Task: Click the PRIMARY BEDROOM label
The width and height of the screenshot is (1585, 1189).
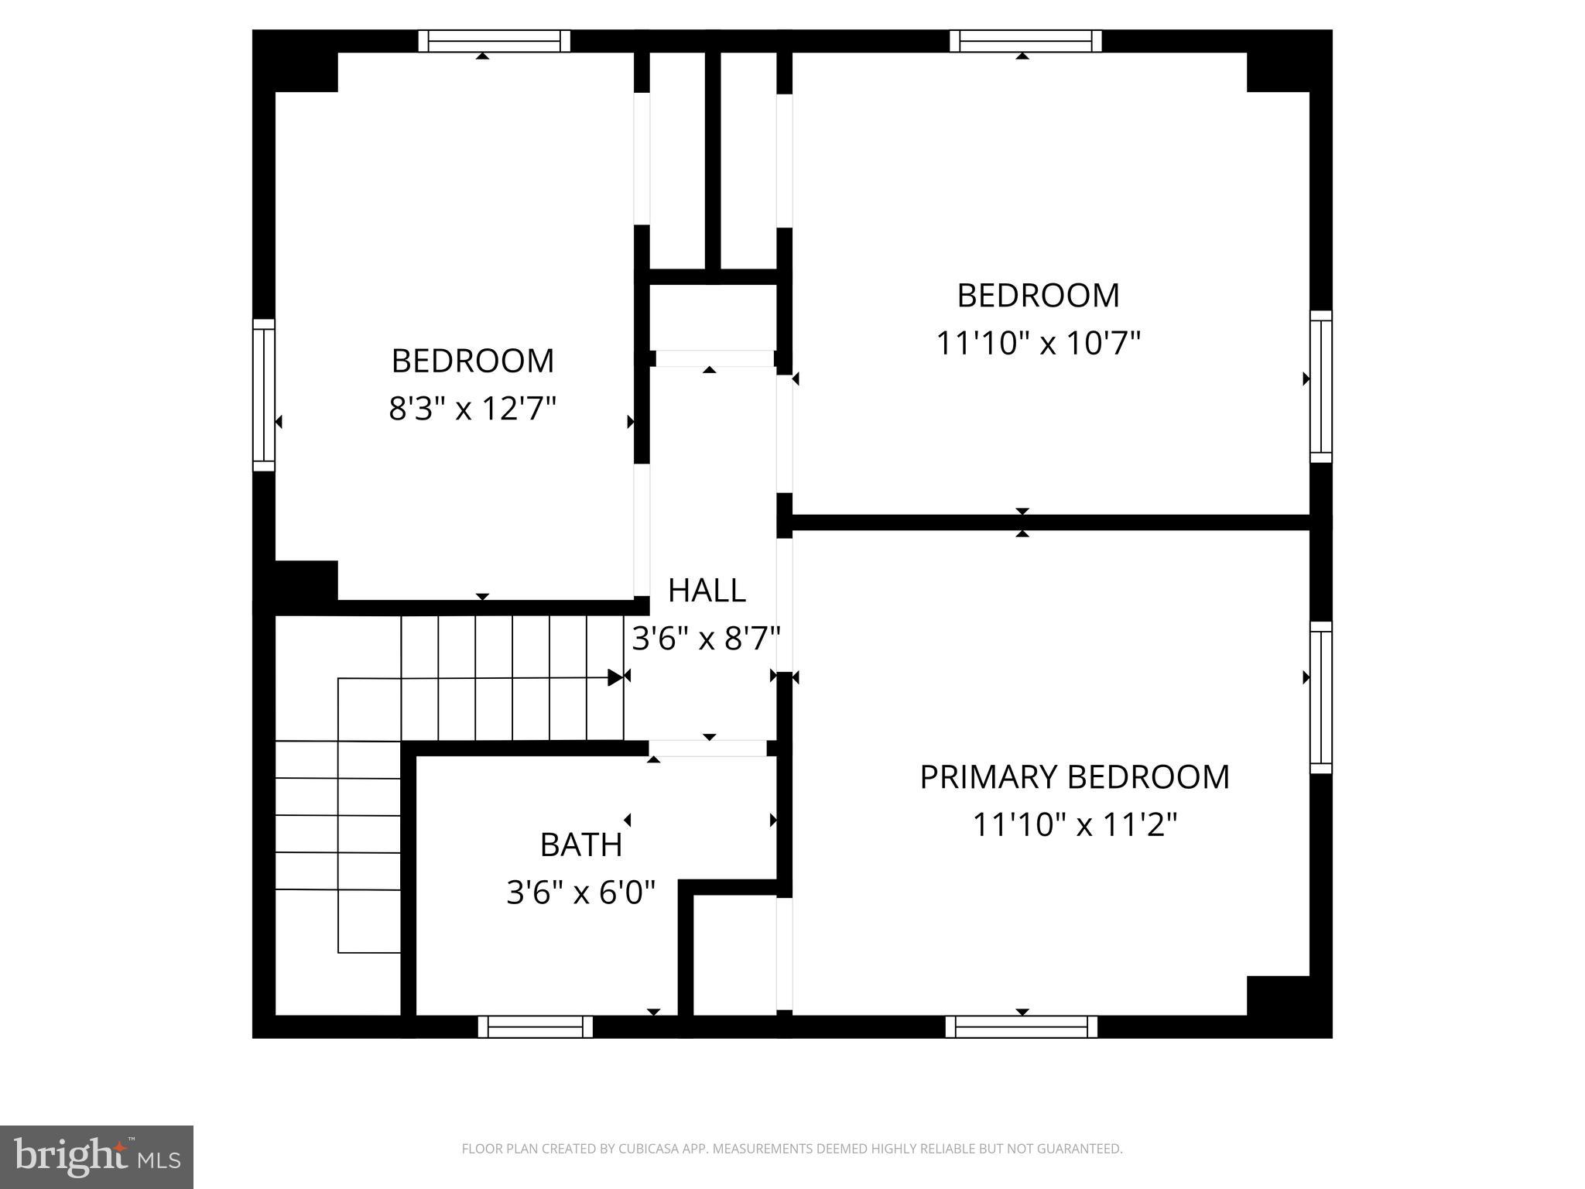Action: coord(1074,777)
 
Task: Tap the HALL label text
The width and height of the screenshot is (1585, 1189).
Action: coord(707,591)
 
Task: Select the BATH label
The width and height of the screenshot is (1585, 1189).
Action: coord(581,845)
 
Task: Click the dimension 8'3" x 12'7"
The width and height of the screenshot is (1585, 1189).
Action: coord(472,408)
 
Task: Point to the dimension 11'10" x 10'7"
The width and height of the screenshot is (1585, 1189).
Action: coord(1039,343)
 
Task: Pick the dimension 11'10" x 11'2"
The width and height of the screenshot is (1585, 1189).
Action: coord(1074,824)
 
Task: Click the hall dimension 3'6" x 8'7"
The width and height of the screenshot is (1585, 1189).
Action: coord(706,639)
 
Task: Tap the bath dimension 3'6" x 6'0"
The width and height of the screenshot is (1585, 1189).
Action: coord(581,893)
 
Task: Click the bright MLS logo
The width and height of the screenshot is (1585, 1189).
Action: coord(97,1156)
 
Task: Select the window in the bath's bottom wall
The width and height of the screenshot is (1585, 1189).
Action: coord(536,1026)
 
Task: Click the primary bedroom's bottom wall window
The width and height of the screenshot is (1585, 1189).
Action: coord(1022,1026)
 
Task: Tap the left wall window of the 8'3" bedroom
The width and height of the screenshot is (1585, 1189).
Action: coord(264,395)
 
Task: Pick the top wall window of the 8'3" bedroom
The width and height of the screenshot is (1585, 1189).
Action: coord(495,41)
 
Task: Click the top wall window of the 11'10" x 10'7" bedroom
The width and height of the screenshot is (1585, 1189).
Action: coord(1025,41)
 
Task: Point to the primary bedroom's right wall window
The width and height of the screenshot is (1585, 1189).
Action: coord(1320,697)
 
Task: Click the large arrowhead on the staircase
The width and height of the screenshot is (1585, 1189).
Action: coord(615,677)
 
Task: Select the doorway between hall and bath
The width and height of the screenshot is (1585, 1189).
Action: coord(708,748)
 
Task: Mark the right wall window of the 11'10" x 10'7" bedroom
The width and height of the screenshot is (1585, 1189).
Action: coord(1320,386)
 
